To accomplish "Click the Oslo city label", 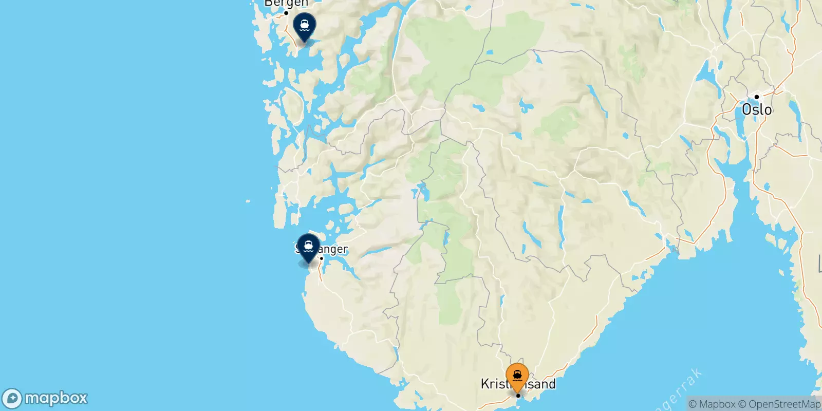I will point(757,109).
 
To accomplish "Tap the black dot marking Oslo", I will point(757,97).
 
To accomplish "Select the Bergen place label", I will point(286,4).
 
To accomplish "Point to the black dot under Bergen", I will point(286,13).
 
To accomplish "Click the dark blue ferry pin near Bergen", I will point(305,26).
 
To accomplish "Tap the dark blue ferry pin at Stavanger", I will point(308,247).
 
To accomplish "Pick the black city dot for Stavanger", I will point(322,258).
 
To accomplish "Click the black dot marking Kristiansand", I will point(518,396).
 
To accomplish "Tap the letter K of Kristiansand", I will point(484,384).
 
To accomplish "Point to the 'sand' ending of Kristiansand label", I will point(543,384).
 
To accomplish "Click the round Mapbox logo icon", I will point(12,398).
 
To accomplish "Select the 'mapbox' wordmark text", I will point(56,398).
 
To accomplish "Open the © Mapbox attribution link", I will point(712,404).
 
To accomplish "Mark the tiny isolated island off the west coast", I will point(247,201).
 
